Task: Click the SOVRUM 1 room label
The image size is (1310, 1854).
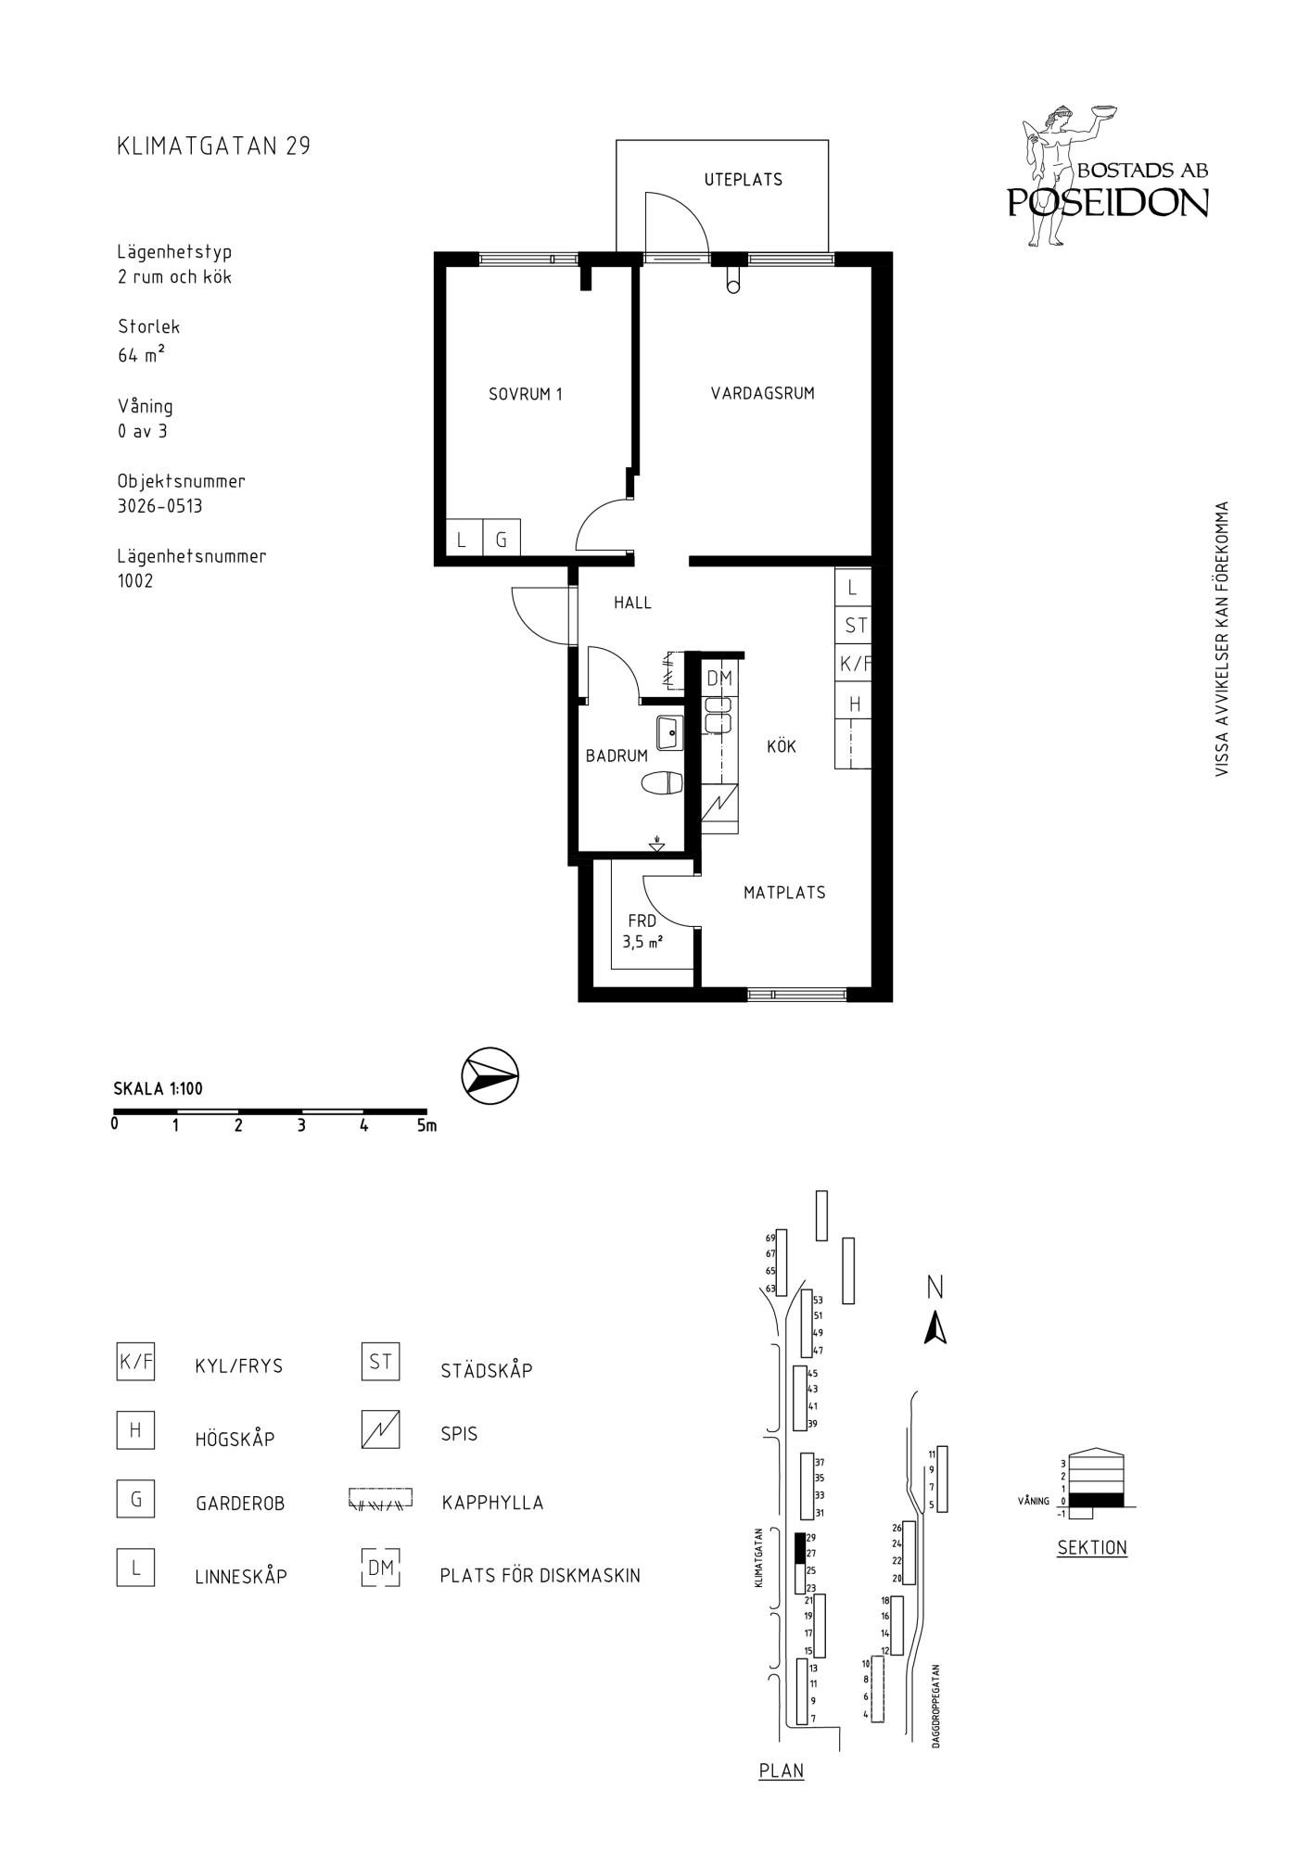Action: [526, 394]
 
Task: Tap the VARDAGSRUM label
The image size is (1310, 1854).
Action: [763, 393]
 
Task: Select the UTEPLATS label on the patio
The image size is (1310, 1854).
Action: [744, 180]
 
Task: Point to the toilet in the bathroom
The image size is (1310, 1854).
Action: [662, 784]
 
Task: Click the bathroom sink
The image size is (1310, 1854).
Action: [669, 732]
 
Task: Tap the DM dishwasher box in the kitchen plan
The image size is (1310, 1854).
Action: [719, 679]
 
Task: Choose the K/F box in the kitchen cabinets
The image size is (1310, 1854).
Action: [854, 663]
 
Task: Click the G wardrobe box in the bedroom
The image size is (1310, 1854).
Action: [502, 538]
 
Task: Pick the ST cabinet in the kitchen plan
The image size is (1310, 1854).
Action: [854, 625]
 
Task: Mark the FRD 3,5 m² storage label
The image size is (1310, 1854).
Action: [642, 932]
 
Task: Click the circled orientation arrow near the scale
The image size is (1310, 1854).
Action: [490, 1076]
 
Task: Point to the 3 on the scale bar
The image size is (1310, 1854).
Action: [301, 1126]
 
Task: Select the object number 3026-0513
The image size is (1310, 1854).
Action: [159, 506]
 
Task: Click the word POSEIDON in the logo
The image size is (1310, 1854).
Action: [1109, 203]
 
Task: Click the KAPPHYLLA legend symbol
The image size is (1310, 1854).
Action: [380, 1500]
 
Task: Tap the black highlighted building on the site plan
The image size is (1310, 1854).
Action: [800, 1548]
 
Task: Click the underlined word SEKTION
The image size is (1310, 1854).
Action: [1092, 1547]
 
